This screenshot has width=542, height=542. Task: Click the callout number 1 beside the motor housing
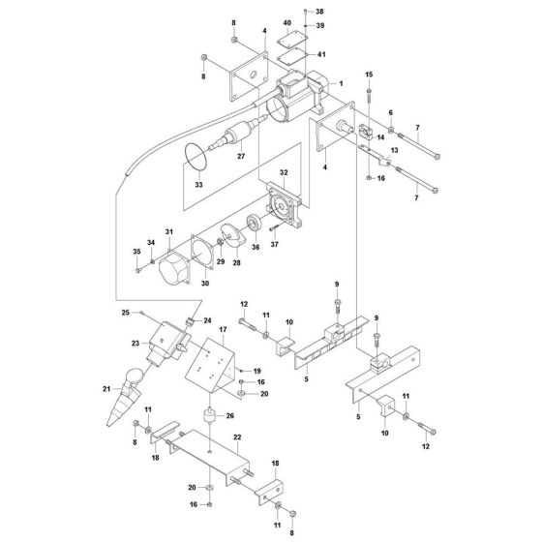tap(340, 84)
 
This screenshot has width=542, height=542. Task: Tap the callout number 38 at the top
tap(320, 12)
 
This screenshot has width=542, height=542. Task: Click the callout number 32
tap(285, 172)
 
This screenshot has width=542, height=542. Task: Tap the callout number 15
tap(368, 74)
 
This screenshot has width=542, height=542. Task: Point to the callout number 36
tap(256, 246)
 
